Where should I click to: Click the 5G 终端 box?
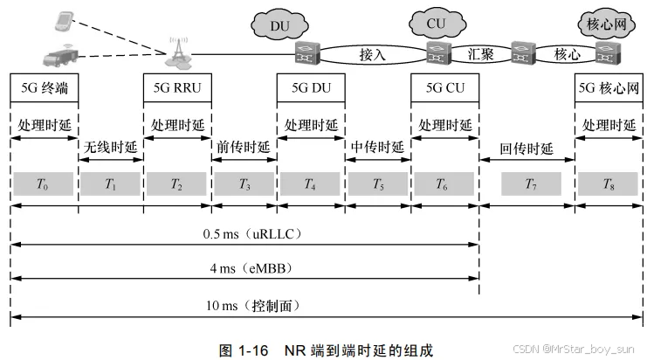pos(44,89)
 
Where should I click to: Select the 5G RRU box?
pos(177,89)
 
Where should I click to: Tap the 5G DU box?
pos(311,89)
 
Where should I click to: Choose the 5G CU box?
pos(445,89)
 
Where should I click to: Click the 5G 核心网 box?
pos(609,89)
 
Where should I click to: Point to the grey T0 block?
pos(44,183)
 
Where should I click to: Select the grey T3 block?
pos(244,183)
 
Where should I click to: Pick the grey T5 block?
pos(378,183)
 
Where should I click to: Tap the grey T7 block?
pos(529,183)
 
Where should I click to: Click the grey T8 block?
pos(609,183)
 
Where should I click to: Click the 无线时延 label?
pos(111,147)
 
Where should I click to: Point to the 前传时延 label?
pos(244,147)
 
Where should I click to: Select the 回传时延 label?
pos(527,147)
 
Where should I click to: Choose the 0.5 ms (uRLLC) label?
pos(244,234)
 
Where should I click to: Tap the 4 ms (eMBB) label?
pos(244,267)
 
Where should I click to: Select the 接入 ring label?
pos(372,54)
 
